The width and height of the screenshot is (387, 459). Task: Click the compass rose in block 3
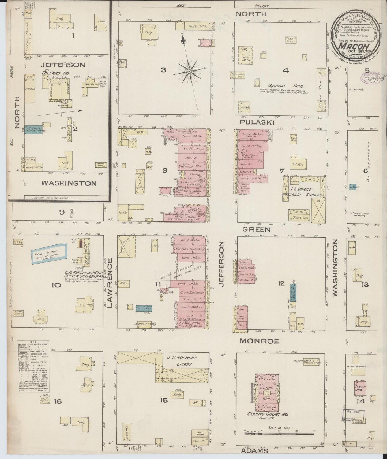[190, 71]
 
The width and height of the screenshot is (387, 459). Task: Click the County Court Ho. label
[268, 422]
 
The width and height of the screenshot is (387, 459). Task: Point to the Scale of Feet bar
[279, 433]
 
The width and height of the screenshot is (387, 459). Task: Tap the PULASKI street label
[254, 122]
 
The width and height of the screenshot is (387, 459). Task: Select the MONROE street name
[259, 341]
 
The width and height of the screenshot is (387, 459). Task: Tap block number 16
[58, 401]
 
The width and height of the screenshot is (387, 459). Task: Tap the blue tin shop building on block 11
[144, 308]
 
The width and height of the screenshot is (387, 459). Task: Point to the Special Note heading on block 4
[286, 86]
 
